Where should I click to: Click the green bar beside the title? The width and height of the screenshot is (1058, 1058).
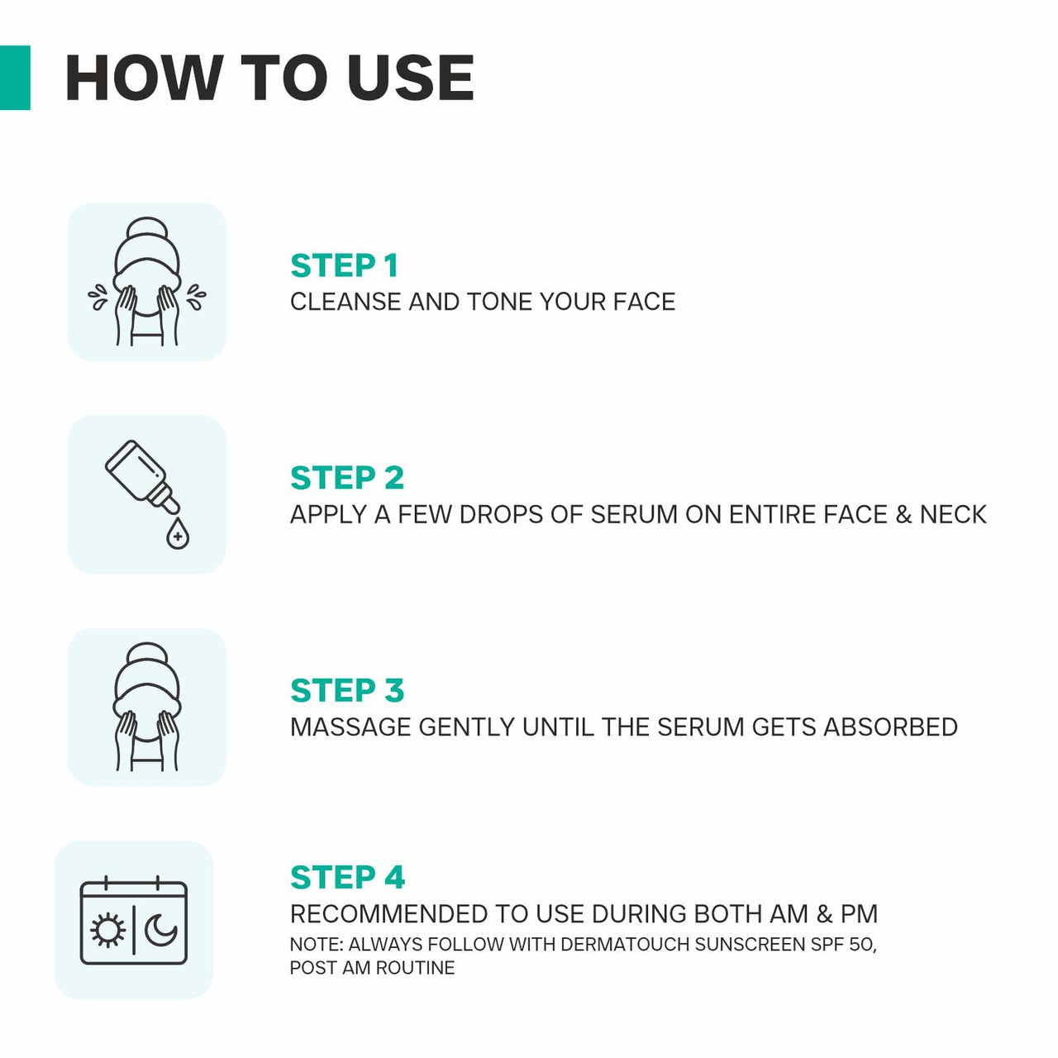click(15, 78)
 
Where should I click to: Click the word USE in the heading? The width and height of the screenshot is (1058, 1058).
click(411, 79)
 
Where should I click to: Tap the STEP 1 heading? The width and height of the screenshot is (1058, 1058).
click(344, 266)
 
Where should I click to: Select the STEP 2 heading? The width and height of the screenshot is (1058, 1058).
click(346, 479)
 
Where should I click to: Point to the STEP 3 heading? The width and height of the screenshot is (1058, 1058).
click(346, 691)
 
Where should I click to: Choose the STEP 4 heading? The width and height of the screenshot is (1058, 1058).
click(347, 878)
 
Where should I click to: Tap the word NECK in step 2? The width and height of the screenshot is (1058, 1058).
click(953, 514)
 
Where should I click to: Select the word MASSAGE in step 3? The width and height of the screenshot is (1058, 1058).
click(350, 727)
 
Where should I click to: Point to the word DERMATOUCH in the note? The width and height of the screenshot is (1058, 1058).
click(626, 944)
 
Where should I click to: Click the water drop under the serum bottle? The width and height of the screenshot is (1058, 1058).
click(177, 536)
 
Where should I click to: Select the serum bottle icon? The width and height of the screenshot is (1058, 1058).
click(141, 474)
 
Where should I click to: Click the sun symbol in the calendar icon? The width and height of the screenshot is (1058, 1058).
click(107, 931)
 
